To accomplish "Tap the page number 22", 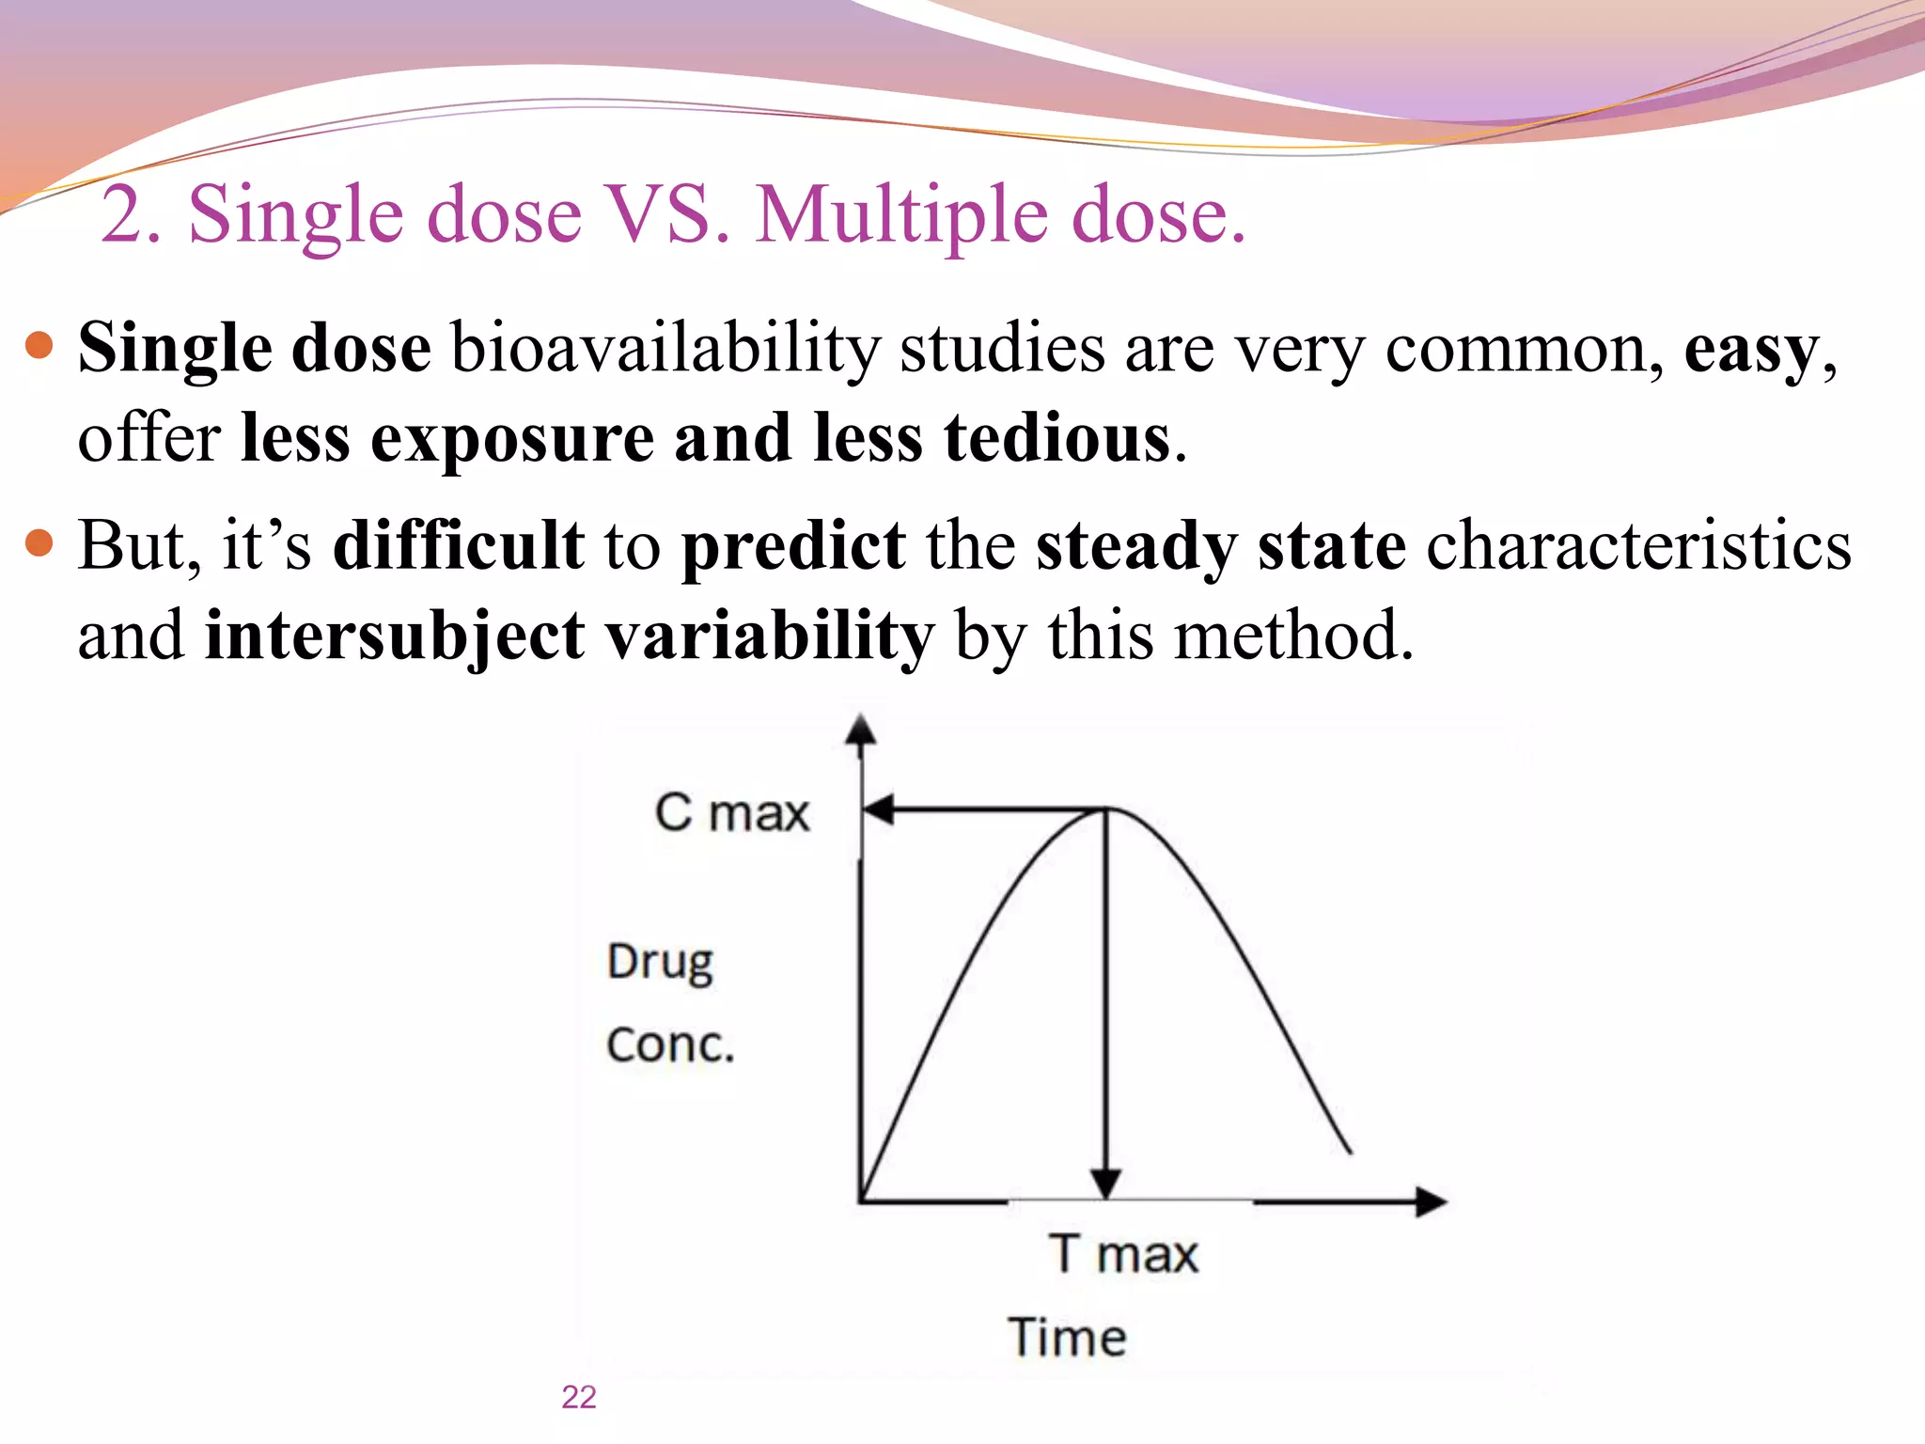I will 579,1397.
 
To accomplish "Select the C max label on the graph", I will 731,812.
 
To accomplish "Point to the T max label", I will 1124,1254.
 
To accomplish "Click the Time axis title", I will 1068,1337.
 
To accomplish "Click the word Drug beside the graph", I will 660,963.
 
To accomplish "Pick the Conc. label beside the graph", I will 669,1045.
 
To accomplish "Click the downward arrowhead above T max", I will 1106,1184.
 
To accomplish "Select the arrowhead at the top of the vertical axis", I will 861,731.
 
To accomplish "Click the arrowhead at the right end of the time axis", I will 1430,1201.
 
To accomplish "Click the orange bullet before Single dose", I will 39,346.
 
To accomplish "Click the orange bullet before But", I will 39,542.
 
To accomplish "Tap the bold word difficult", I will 459,545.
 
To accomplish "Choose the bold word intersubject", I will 395,636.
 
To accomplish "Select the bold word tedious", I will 1056,439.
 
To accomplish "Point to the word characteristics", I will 1638,545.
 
